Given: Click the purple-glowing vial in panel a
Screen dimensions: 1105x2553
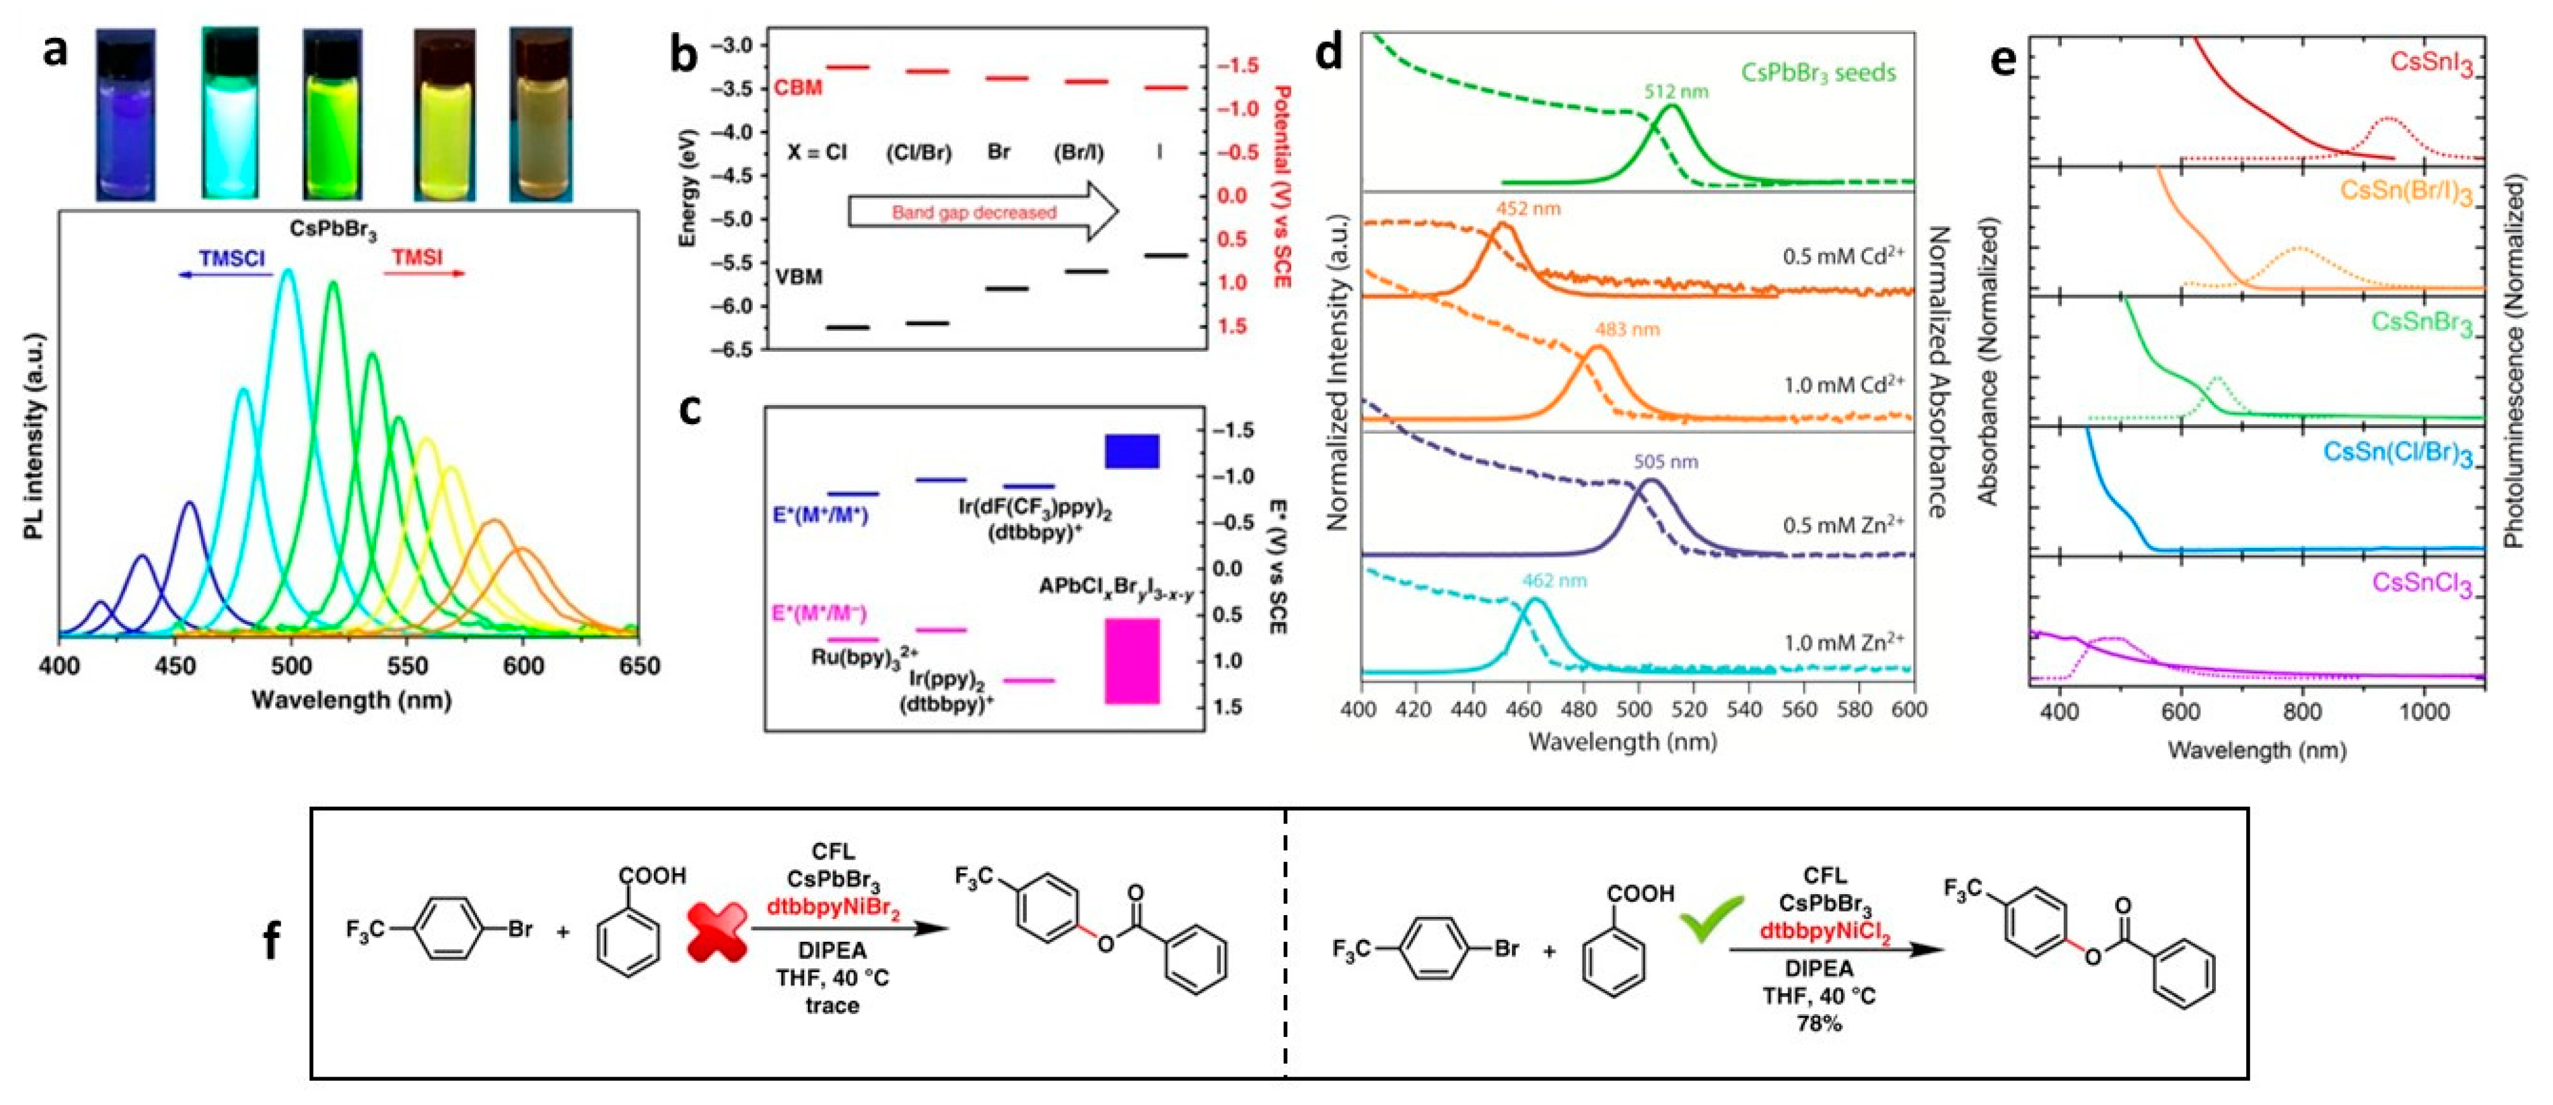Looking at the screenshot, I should click(x=126, y=114).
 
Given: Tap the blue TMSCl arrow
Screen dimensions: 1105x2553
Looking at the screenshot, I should click(x=225, y=273).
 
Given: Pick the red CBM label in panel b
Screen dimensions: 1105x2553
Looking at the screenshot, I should click(x=798, y=88).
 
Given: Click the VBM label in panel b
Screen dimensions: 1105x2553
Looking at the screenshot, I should click(x=798, y=276).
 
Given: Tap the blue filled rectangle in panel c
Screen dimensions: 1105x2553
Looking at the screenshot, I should click(x=1132, y=451).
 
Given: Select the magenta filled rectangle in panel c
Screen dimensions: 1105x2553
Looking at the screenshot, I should click(x=1132, y=661).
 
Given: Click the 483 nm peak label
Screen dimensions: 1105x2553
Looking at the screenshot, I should click(x=1626, y=329).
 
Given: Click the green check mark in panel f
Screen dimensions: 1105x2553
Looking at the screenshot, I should click(x=1712, y=916).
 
